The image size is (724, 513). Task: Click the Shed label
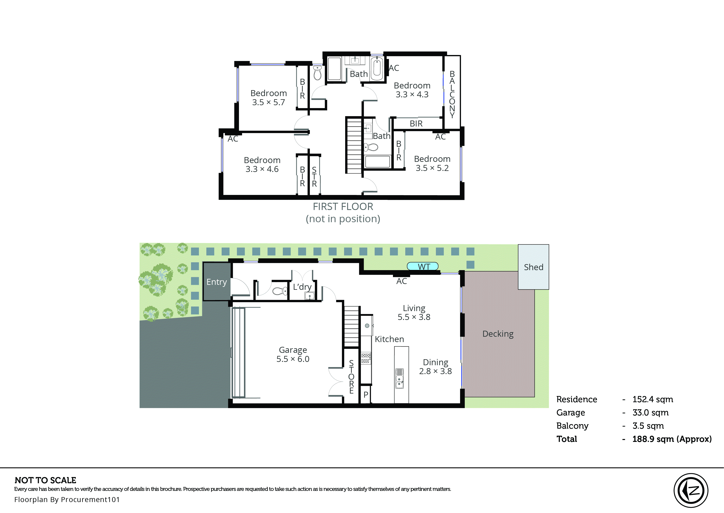533,267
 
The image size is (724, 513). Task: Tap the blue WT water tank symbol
423,266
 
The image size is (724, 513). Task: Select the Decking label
498,334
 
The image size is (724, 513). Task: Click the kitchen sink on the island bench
399,378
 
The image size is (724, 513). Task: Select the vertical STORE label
351,377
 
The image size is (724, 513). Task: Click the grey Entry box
216,282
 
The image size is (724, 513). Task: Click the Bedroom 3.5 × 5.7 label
268,98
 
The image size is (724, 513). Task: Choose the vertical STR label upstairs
314,177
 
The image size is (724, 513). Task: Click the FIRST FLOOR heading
343,207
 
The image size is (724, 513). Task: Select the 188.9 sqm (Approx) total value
672,439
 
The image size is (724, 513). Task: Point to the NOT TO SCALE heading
45,481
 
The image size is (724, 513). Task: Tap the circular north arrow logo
691,490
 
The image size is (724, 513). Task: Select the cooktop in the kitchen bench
365,358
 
